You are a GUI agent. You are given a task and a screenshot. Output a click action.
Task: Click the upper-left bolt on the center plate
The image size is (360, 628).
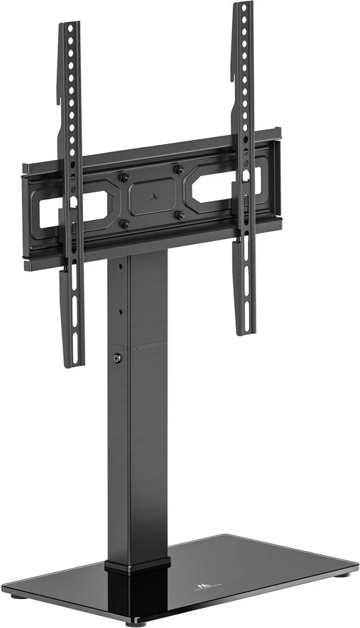(125, 178)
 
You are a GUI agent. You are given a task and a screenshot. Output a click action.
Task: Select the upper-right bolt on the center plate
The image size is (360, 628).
(179, 170)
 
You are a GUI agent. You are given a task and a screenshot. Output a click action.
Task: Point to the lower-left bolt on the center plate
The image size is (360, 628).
(126, 223)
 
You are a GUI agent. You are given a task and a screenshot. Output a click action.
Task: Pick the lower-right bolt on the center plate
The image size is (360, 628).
(180, 214)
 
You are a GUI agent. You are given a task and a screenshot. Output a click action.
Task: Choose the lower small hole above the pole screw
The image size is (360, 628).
(121, 312)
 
